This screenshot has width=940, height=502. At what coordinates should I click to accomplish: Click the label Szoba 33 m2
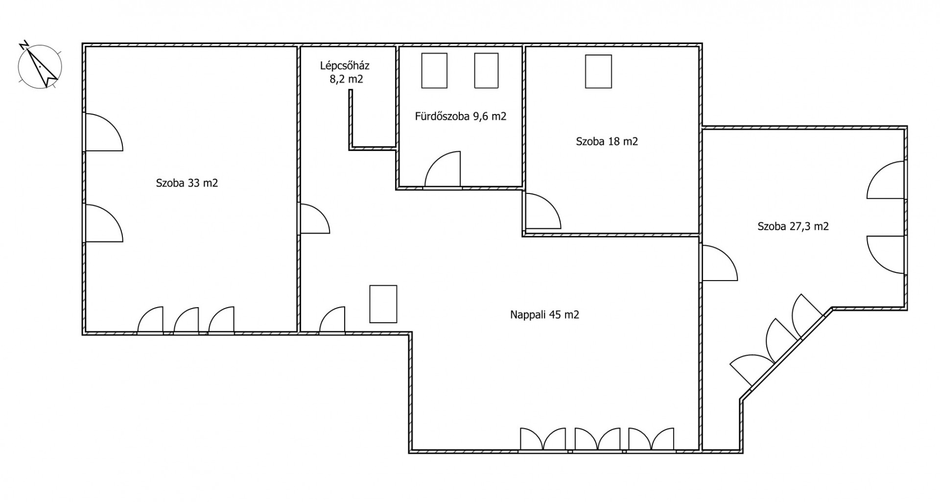click(x=187, y=183)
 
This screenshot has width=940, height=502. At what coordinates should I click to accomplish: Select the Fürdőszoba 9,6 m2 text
click(x=460, y=117)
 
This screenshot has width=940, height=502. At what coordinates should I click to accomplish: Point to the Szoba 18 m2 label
click(x=607, y=142)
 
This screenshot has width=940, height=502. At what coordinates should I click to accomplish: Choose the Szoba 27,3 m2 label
click(x=793, y=226)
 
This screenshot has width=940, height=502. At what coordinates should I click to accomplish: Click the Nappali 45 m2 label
click(x=544, y=315)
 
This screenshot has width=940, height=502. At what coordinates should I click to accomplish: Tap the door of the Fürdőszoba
click(x=443, y=169)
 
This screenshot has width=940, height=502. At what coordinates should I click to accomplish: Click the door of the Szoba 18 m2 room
click(x=543, y=211)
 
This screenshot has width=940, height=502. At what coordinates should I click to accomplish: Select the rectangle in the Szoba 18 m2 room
click(x=598, y=72)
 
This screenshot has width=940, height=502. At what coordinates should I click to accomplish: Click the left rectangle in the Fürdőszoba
click(x=434, y=71)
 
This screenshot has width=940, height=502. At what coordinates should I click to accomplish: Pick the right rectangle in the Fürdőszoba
click(x=486, y=71)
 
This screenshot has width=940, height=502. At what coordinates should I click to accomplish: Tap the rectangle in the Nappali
click(x=383, y=304)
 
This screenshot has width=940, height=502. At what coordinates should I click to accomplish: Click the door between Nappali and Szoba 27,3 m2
click(x=720, y=263)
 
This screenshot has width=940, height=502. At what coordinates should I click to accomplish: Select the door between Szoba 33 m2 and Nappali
click(x=315, y=218)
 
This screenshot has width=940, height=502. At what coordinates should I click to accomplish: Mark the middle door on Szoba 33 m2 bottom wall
click(x=186, y=320)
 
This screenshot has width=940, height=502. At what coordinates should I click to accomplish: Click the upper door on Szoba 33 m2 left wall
click(x=104, y=132)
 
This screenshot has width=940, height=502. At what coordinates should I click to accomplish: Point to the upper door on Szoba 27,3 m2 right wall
click(x=886, y=180)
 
